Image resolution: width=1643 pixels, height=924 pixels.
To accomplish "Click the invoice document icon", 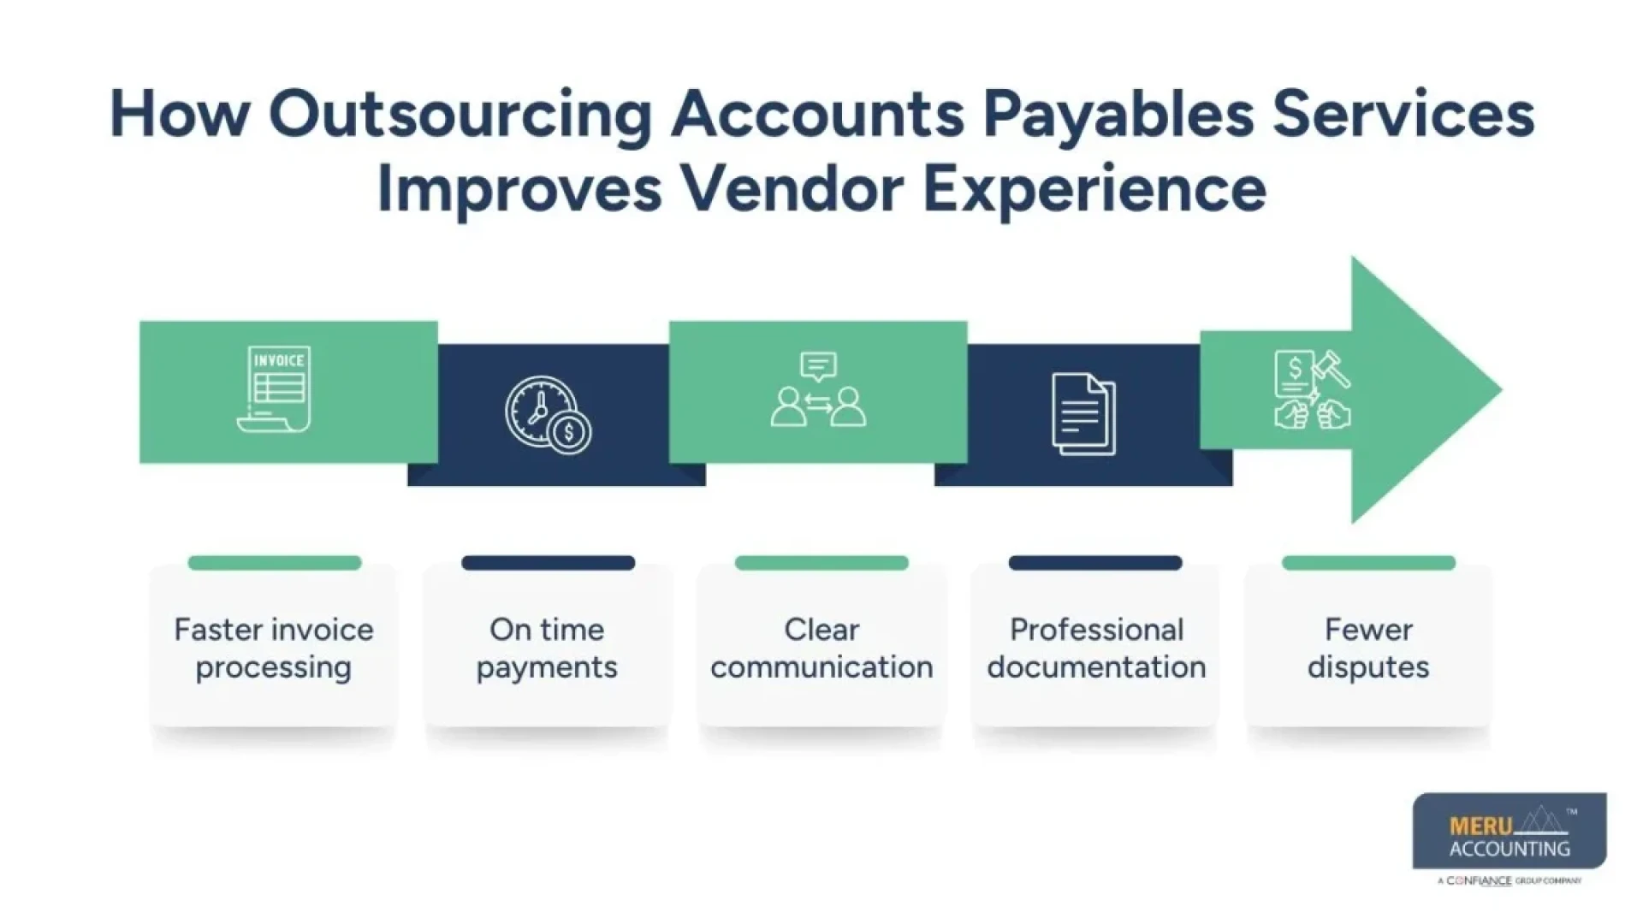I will (x=275, y=389).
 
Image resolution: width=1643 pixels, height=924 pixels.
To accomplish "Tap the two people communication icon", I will (x=818, y=390).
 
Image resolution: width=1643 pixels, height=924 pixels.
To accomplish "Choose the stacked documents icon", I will (x=1083, y=414).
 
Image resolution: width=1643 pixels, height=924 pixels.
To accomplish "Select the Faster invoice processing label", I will (x=274, y=649).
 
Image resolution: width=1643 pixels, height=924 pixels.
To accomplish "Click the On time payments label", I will (x=548, y=649).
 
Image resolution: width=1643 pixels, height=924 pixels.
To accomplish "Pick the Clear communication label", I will (x=821, y=649).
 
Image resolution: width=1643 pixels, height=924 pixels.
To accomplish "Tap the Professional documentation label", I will (x=1096, y=649).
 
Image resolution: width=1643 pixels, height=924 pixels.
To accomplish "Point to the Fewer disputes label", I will (x=1368, y=649).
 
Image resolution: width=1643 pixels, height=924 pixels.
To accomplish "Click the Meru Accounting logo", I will (x=1510, y=834).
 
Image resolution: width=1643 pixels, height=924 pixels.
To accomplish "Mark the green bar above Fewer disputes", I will (x=1368, y=563).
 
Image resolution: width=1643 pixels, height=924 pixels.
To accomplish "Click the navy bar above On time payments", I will (x=548, y=563).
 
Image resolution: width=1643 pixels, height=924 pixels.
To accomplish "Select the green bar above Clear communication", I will (x=821, y=563).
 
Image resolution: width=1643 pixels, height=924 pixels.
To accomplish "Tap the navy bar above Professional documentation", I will (x=1095, y=563).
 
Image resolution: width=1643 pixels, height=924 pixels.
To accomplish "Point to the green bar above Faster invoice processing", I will (x=275, y=563).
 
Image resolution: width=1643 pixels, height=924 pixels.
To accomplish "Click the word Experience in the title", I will (x=1094, y=188).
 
